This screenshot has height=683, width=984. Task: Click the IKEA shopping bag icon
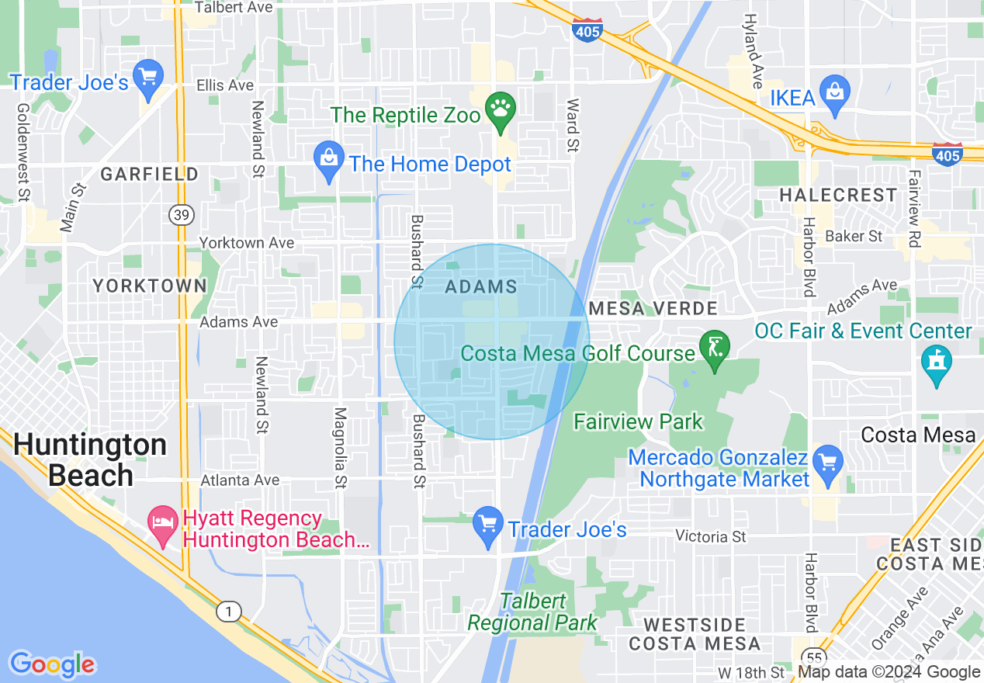835,91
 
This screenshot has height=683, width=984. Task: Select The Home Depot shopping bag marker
329,158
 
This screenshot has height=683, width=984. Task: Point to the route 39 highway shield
181,216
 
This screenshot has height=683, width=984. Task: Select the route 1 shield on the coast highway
228,612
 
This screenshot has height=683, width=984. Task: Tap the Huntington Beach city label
90,459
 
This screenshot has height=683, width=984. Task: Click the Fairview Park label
638,422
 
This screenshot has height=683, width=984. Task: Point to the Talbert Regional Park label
532,612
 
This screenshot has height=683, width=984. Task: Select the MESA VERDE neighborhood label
653,308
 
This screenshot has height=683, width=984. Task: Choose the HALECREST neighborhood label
838,195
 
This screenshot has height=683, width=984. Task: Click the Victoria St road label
710,536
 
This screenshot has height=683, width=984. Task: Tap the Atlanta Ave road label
240,480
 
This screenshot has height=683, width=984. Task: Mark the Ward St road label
573,124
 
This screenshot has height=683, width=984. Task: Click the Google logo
52,664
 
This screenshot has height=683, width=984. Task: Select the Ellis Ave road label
225,85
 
